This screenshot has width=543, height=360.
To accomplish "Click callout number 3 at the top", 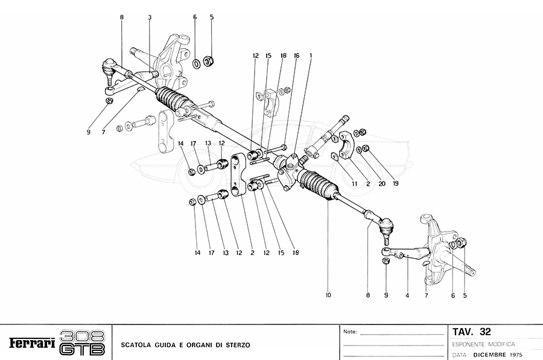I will (x=149, y=18).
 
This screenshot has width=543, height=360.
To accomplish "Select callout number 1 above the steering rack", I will (x=311, y=55).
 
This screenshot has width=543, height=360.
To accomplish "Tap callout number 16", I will (x=296, y=55).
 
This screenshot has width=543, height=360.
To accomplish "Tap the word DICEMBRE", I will (x=491, y=355).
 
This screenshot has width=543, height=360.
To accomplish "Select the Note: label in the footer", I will (x=350, y=332).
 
